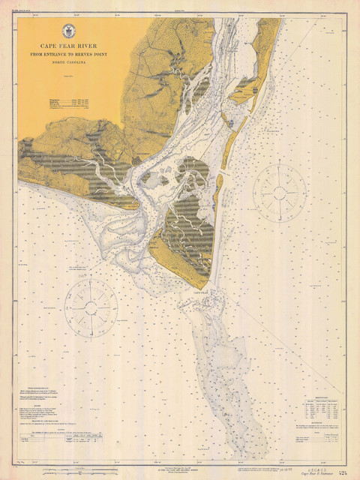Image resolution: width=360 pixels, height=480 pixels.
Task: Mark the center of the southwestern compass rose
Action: [91, 307]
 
